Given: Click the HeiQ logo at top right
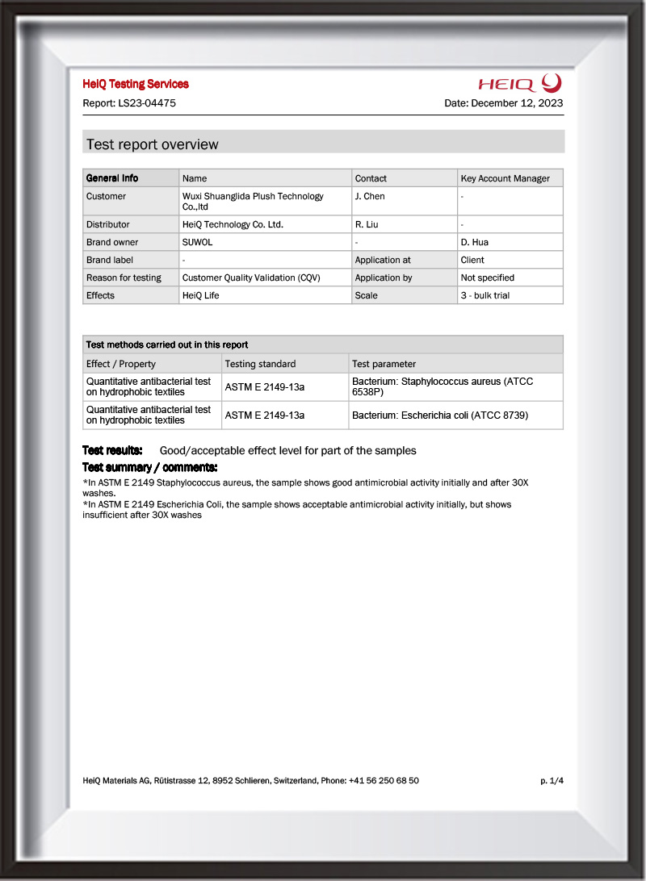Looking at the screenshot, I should [519, 82].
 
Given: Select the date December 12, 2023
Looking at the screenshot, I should [517, 103].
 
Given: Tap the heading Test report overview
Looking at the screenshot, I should [152, 144].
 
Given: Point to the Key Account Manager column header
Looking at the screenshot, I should [505, 178].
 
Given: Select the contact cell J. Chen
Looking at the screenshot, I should [370, 196].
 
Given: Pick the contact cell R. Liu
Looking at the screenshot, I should [367, 224].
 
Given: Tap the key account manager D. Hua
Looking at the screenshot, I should [474, 242].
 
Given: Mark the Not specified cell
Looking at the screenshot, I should [487, 278].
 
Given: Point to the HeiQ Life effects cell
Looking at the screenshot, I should [200, 295].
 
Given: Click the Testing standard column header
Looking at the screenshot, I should [260, 364].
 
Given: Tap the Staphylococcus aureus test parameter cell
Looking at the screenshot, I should [443, 386].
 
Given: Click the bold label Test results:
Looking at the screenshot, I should [112, 450].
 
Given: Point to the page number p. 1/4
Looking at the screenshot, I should [552, 780].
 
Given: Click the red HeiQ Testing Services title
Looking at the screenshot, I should [136, 84].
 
